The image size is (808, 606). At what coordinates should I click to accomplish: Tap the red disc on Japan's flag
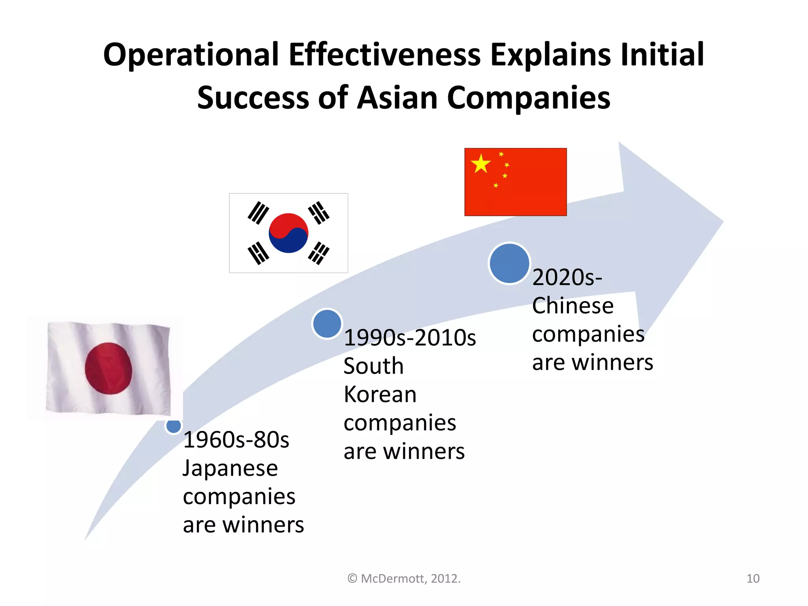click(x=108, y=368)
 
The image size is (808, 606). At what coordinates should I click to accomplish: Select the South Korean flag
click(x=288, y=233)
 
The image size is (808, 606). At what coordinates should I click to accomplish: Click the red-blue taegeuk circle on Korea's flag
click(x=288, y=233)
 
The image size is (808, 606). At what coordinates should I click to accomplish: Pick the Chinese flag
click(x=515, y=182)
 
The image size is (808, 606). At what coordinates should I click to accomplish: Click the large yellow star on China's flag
click(x=481, y=163)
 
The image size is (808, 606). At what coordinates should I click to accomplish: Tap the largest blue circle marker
click(x=509, y=263)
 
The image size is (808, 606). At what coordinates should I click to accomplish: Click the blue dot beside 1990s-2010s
click(x=327, y=324)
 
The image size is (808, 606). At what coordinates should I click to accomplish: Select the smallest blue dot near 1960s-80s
click(x=174, y=426)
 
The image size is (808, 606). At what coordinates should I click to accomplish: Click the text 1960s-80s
click(x=236, y=440)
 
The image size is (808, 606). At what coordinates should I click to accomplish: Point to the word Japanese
click(x=230, y=468)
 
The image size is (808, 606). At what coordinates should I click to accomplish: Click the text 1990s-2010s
click(x=410, y=338)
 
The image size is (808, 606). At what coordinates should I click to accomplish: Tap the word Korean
click(x=380, y=395)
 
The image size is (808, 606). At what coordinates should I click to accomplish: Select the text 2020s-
click(x=567, y=277)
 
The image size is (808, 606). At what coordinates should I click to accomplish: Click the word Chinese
click(x=573, y=306)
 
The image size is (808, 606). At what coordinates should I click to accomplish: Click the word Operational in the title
click(x=191, y=54)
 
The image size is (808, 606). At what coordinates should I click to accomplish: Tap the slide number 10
click(x=753, y=578)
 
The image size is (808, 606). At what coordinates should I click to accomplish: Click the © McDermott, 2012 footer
click(x=404, y=578)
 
